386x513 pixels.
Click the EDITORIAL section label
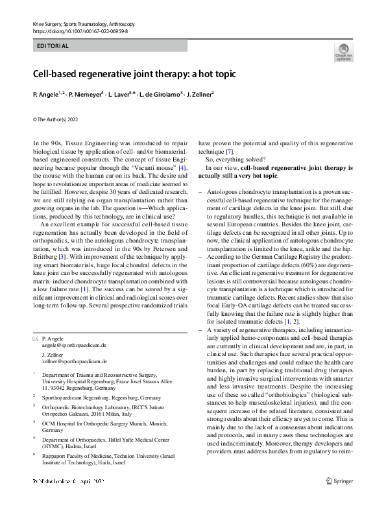point(50,46)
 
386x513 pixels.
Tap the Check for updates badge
point(343,52)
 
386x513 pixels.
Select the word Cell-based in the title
point(57,73)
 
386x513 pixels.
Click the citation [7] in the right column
point(230,151)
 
